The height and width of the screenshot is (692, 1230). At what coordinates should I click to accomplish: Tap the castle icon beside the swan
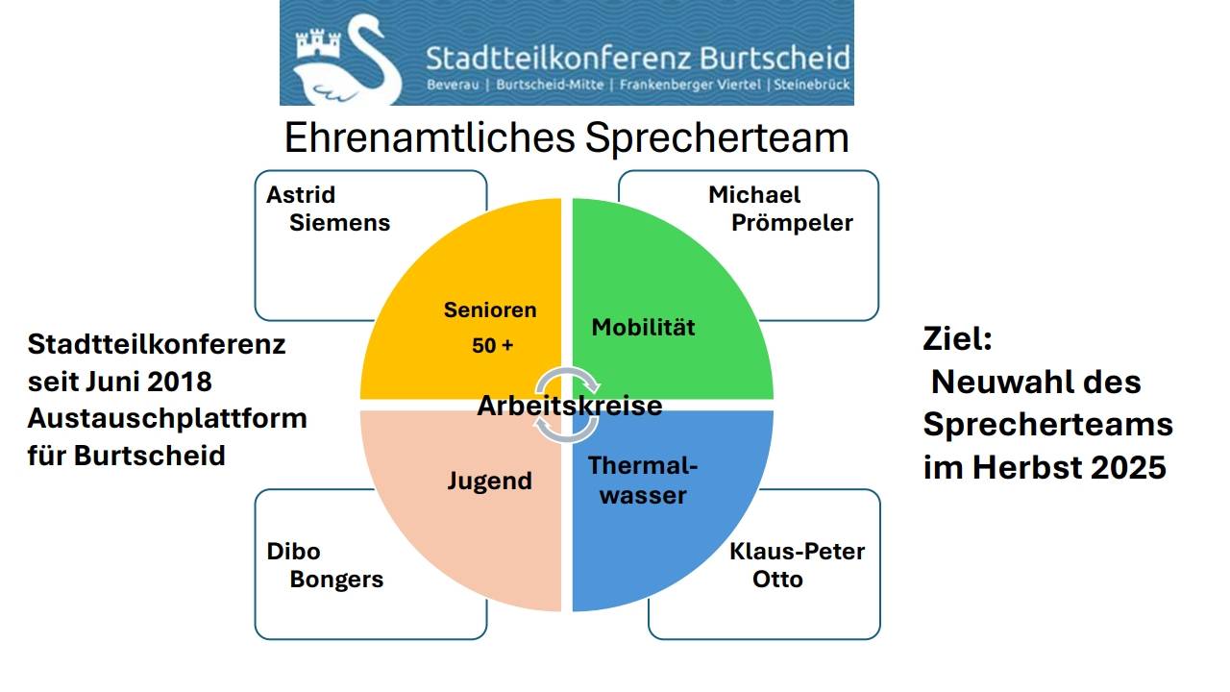click(318, 43)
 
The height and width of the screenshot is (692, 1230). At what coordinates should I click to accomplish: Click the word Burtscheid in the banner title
click(775, 59)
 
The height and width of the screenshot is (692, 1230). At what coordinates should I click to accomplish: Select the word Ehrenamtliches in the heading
click(430, 137)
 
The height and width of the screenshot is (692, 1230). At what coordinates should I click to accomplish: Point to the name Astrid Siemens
click(329, 209)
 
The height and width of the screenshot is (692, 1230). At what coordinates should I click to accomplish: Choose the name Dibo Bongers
click(325, 565)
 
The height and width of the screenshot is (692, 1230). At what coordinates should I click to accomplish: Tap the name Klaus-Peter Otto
click(798, 565)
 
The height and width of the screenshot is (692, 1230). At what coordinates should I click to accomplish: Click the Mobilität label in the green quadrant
click(643, 328)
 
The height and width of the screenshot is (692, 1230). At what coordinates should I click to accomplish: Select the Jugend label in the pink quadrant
click(490, 482)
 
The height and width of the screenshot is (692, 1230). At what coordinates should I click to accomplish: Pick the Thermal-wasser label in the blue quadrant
click(643, 481)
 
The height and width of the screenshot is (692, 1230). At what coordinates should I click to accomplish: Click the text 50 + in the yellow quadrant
click(493, 345)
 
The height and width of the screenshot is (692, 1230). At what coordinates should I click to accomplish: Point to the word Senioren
click(490, 310)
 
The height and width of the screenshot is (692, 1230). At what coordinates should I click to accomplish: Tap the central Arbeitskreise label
click(570, 406)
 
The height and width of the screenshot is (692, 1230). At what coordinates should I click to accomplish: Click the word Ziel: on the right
click(958, 338)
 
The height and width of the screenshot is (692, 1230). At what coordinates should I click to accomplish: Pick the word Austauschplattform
click(167, 418)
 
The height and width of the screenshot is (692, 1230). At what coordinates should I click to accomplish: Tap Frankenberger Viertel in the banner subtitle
click(690, 86)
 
